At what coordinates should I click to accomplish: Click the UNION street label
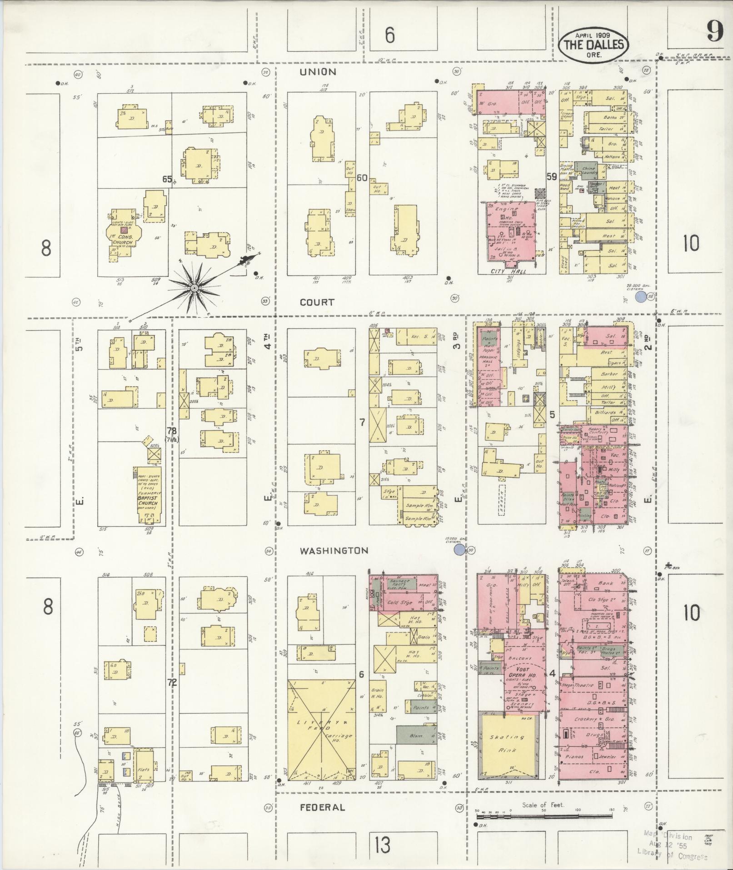[318, 72]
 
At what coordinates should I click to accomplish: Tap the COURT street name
[317, 302]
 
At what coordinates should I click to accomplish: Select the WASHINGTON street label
[334, 551]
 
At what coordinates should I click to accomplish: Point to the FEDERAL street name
[322, 807]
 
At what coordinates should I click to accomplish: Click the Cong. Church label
[122, 239]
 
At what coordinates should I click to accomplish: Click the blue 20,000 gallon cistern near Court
[641, 297]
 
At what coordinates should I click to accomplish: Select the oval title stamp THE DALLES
[594, 45]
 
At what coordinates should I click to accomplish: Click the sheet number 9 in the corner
[715, 32]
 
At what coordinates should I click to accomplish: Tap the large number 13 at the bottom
[383, 845]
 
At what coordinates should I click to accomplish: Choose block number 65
[167, 179]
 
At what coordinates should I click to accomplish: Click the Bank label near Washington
[606, 583]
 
